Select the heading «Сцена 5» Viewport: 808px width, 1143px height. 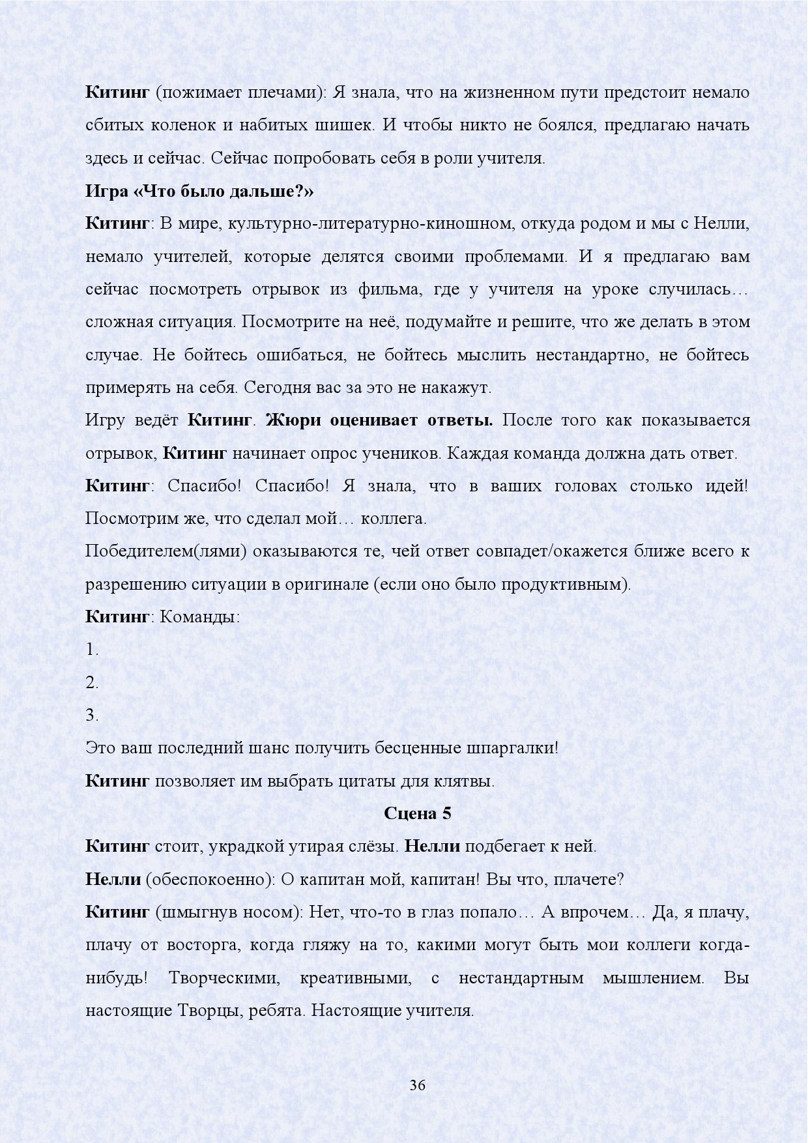point(417,813)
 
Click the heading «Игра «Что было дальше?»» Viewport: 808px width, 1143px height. point(199,192)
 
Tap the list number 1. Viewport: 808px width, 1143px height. point(92,650)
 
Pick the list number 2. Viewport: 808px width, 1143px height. point(92,683)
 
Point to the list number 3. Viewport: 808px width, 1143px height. point(92,716)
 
